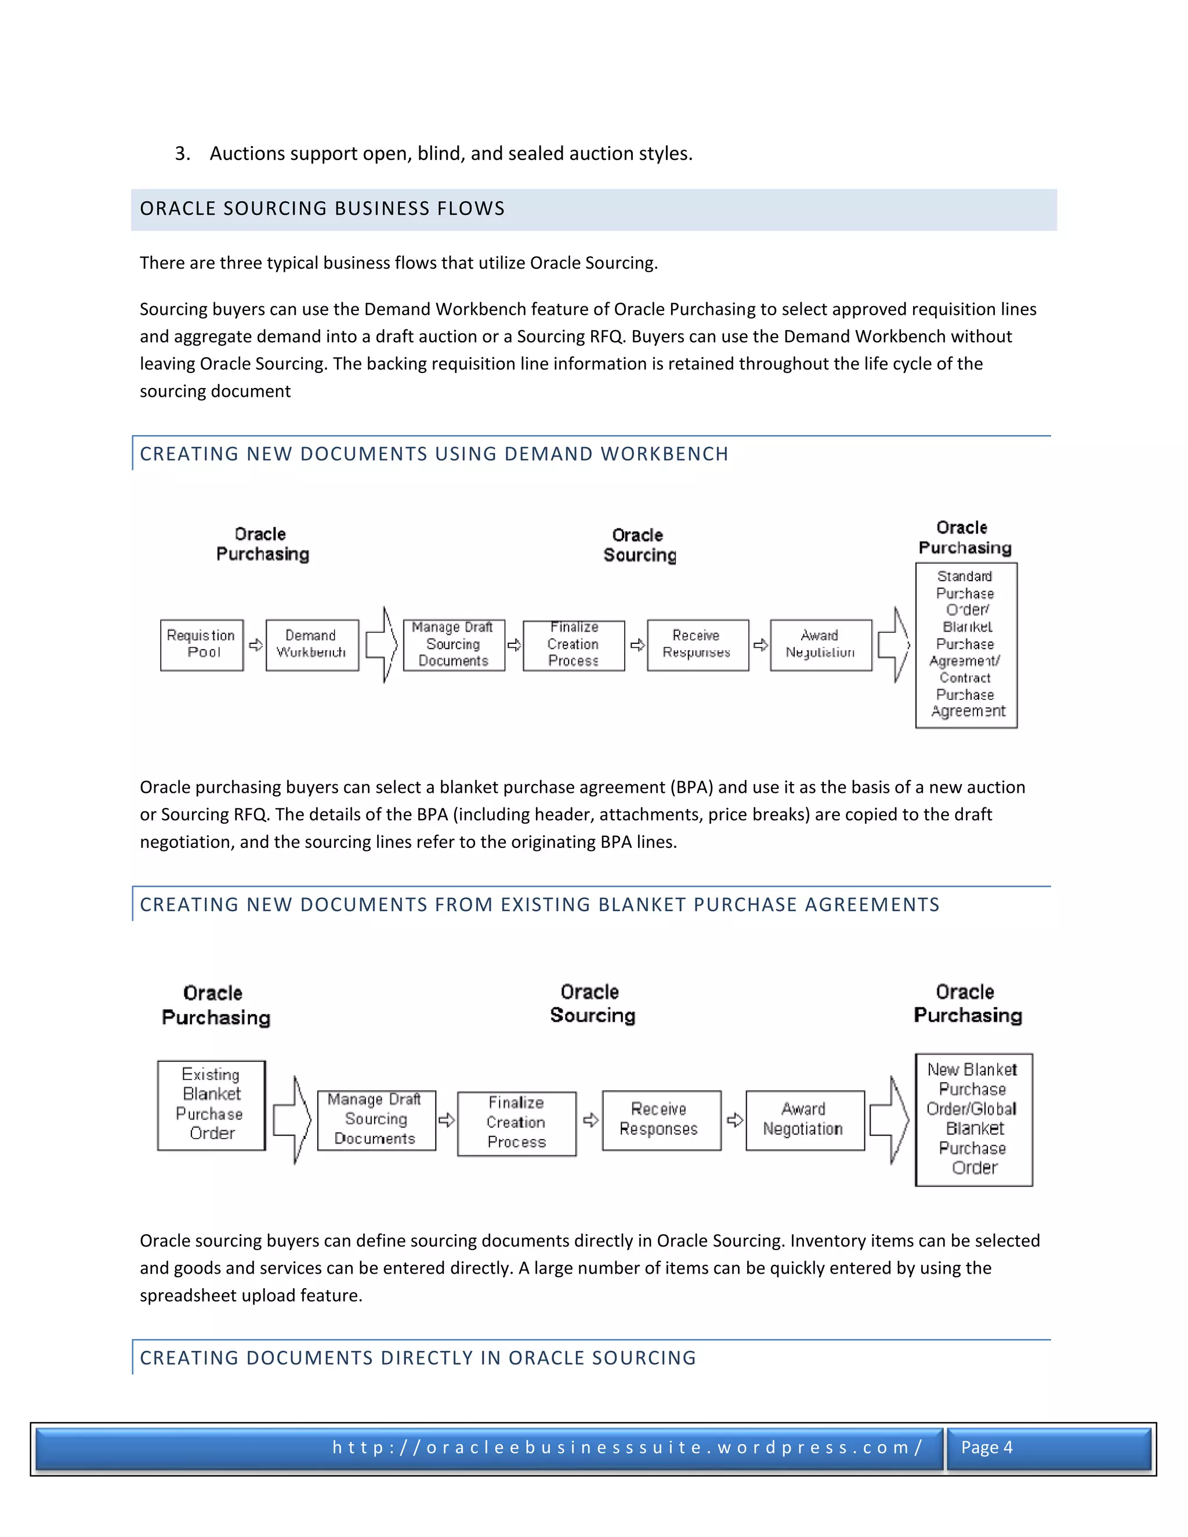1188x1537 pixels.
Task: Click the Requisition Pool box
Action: [201, 644]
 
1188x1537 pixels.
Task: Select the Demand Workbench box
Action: [312, 644]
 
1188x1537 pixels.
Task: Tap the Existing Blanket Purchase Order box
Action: [211, 1105]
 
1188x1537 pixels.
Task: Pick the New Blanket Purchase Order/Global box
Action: [973, 1119]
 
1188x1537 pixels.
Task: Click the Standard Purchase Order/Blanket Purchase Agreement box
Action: [966, 644]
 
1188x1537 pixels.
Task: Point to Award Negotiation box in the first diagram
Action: [821, 644]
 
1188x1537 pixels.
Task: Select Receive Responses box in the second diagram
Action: [661, 1119]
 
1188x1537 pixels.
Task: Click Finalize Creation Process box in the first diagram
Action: [574, 644]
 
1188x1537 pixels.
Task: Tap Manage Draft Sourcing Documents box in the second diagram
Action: [376, 1119]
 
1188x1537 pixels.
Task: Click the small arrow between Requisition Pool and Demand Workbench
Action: [255, 644]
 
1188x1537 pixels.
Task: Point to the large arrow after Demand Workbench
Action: [382, 644]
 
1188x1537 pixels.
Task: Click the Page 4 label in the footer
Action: [987, 1448]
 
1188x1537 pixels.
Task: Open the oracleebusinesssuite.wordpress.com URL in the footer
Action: [627, 1448]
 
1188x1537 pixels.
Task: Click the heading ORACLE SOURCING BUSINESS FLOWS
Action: [323, 209]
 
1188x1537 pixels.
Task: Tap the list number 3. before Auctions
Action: [182, 154]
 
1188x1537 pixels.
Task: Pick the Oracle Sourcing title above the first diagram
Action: [639, 545]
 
